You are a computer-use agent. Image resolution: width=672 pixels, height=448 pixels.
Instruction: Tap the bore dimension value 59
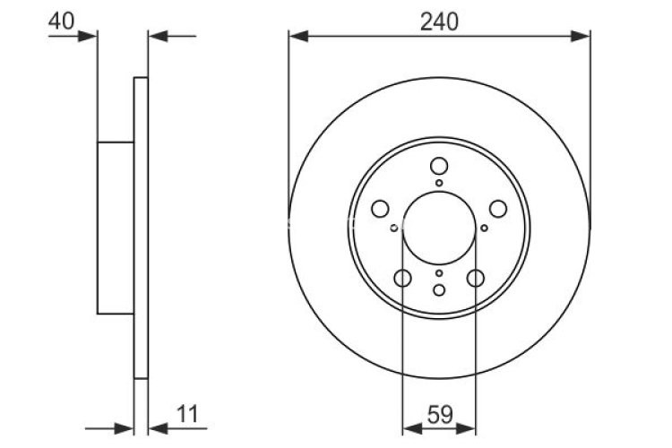click(439, 414)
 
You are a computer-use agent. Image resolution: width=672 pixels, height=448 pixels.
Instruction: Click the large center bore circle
click(439, 228)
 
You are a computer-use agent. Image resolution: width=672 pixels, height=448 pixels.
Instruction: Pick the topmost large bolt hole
click(439, 166)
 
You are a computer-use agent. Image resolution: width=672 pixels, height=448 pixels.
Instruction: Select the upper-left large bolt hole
click(379, 209)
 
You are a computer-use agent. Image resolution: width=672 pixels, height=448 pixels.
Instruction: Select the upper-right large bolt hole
click(498, 209)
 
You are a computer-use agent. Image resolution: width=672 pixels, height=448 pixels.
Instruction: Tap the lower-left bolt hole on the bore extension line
click(402, 278)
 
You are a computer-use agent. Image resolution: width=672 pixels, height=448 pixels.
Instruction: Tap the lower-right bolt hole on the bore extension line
click(476, 278)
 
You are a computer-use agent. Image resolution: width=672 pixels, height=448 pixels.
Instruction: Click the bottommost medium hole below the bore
click(439, 289)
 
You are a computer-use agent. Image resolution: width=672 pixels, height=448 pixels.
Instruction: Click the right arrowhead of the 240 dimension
click(582, 36)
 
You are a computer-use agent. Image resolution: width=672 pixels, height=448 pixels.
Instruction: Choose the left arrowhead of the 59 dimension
click(410, 426)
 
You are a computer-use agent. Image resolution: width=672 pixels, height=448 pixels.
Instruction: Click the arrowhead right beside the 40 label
click(87, 36)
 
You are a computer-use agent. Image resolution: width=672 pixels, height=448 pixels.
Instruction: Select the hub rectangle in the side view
click(115, 228)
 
